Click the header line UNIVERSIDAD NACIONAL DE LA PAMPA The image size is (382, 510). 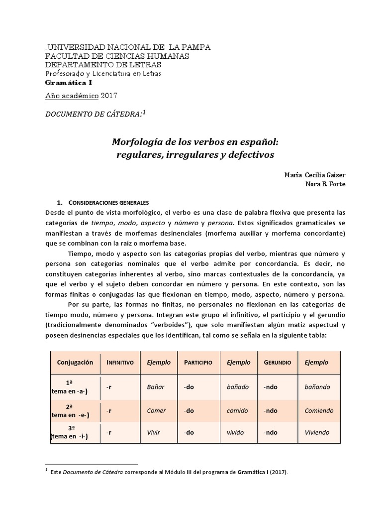tap(128, 47)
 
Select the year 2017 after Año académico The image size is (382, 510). tap(110, 95)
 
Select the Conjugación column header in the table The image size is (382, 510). tap(75, 363)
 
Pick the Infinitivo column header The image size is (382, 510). tap(120, 363)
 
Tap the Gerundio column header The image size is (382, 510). tap(277, 363)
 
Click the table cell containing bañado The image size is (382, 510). tap(237, 386)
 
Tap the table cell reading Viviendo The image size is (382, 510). tap(317, 432)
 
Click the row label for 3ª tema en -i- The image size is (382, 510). tap(76, 432)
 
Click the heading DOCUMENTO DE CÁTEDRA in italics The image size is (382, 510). tap(94, 114)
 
